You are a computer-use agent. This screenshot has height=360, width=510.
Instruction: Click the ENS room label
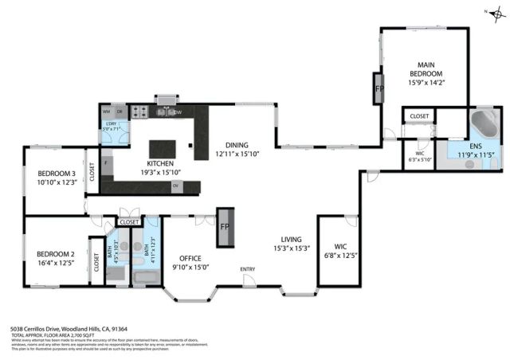click(x=475, y=147)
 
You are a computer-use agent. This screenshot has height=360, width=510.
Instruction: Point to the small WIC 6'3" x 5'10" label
click(x=420, y=156)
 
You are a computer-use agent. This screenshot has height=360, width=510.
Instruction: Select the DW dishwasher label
click(x=178, y=112)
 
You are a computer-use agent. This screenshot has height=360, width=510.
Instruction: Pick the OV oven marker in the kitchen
click(x=175, y=186)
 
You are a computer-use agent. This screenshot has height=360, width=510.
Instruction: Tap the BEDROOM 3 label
click(x=57, y=174)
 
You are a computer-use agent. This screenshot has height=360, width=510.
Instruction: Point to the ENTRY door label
click(x=248, y=268)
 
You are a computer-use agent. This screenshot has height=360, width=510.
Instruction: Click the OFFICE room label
click(x=190, y=257)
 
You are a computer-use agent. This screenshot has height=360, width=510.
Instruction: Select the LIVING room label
click(x=292, y=239)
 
